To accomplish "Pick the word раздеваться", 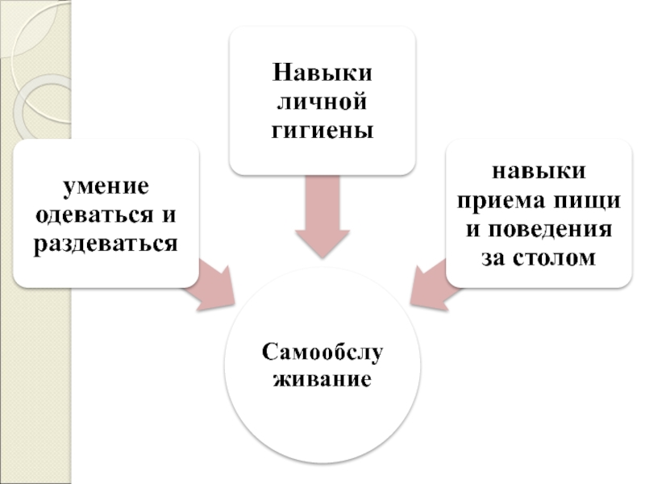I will point(106,243).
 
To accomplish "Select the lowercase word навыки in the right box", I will point(539,172).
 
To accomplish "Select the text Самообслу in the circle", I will point(322,352).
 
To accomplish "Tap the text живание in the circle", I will point(322,378).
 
